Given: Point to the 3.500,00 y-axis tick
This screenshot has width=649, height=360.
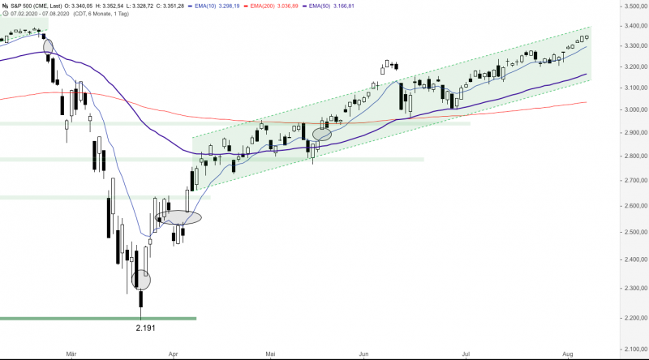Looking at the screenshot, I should coord(625,6).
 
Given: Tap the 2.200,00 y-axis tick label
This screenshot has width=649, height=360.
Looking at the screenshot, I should coord(625,318).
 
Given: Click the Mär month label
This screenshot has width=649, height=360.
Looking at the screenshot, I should coord(71,354).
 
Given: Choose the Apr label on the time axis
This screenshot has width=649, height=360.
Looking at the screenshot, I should coord(172,354).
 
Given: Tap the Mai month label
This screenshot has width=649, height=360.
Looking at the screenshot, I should coord(271,354).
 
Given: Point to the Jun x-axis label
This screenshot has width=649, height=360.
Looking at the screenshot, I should coord(364,354).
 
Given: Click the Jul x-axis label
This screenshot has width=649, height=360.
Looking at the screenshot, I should coord(466,354).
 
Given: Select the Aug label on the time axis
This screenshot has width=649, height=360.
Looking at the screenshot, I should coord(567,354).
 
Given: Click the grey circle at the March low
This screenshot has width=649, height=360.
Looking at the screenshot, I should coord(141,280).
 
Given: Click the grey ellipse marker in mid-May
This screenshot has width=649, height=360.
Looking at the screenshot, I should coord(322,134).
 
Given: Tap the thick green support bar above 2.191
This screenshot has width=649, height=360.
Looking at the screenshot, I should coord(97,319).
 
